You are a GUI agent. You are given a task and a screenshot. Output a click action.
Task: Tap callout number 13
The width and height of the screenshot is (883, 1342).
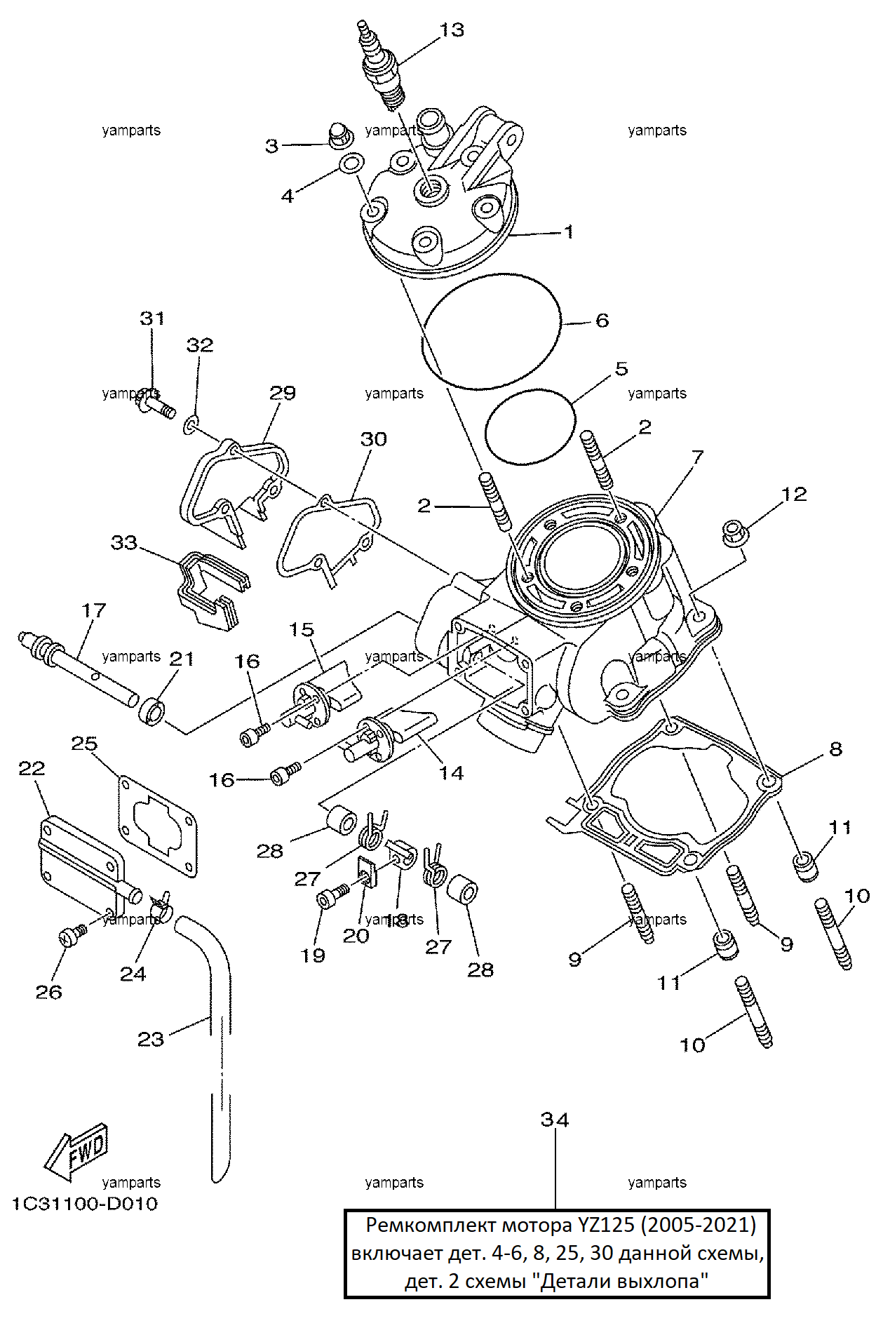(x=452, y=30)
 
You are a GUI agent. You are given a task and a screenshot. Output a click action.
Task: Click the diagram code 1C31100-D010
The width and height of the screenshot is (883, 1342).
(x=85, y=1204)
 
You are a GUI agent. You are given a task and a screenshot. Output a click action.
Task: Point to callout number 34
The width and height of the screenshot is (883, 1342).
(x=555, y=1120)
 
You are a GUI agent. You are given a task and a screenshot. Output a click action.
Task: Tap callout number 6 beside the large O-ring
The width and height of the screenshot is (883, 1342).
(x=602, y=321)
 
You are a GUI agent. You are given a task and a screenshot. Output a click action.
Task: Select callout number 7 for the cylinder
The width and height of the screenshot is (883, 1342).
(x=697, y=458)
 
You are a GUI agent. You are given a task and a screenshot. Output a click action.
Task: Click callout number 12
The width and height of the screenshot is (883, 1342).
(x=794, y=494)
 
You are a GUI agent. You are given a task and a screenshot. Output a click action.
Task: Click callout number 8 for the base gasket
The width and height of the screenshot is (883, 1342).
(x=835, y=749)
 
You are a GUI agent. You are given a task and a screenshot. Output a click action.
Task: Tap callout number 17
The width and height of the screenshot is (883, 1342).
(x=94, y=610)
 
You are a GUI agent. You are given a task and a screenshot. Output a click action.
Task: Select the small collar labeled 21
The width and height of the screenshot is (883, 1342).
(x=153, y=711)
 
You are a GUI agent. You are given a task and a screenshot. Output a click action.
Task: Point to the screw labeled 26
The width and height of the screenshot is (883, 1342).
(x=70, y=936)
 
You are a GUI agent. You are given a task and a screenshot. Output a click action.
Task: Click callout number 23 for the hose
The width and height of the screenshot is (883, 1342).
(x=151, y=1039)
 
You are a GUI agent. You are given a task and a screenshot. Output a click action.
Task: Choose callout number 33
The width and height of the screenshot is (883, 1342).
(x=124, y=542)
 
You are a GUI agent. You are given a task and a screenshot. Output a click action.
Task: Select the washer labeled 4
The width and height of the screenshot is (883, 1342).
(x=351, y=164)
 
